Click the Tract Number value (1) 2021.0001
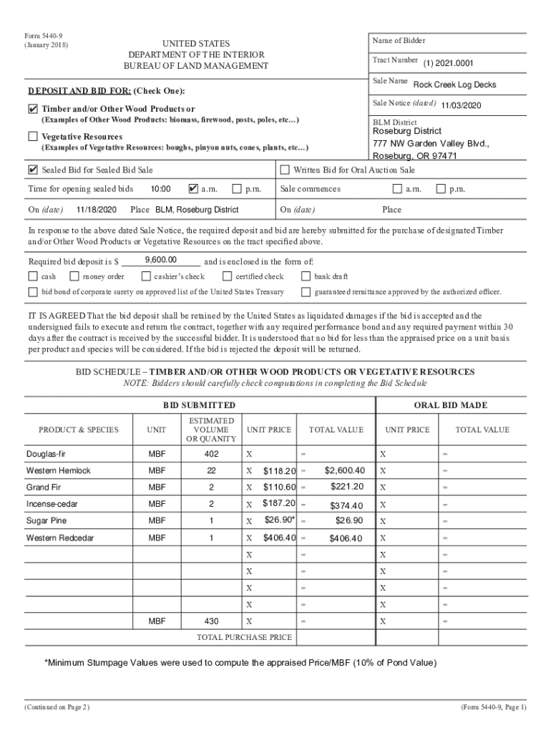tap(448, 63)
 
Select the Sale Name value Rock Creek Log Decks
tap(454, 84)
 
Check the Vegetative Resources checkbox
tap(33, 136)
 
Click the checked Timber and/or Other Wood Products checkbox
tap(33, 109)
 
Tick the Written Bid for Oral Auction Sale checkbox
tap(285, 170)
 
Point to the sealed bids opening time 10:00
tap(160, 189)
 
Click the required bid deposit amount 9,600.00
tap(160, 260)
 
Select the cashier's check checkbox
tap(146, 276)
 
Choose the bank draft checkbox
tap(306, 276)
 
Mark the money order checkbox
tap(74, 276)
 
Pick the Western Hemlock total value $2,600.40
tap(344, 470)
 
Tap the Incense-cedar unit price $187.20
tap(279, 504)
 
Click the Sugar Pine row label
tap(47, 520)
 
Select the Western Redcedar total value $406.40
tap(346, 538)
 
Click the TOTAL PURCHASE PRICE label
tap(244, 637)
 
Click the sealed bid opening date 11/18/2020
tap(96, 210)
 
